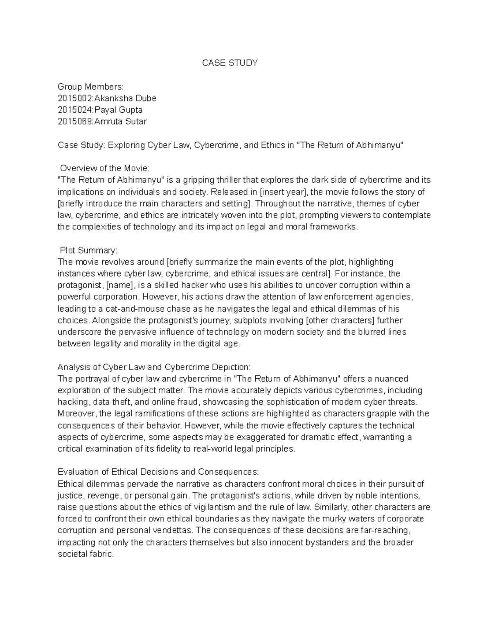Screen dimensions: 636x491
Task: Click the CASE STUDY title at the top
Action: [x=230, y=63]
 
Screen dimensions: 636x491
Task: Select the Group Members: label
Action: [x=90, y=86]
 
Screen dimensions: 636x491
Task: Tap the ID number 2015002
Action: [x=75, y=98]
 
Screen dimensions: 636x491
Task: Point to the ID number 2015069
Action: [x=75, y=122]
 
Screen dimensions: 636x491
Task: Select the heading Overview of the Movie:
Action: [x=105, y=168]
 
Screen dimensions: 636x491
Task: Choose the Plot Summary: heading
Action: [x=88, y=250]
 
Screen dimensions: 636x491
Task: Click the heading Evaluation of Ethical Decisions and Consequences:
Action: [x=158, y=472]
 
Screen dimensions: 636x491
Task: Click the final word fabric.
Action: [x=100, y=554]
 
